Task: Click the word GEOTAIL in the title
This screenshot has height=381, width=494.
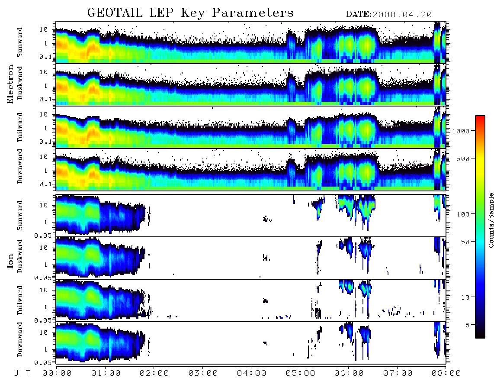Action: (x=115, y=13)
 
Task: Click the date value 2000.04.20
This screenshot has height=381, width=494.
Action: (x=402, y=15)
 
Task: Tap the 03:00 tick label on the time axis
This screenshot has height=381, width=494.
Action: (x=203, y=374)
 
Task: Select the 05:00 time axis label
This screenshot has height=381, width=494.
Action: (x=300, y=374)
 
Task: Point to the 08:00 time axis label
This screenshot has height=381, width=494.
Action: (x=446, y=374)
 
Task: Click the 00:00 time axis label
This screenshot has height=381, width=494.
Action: (x=57, y=374)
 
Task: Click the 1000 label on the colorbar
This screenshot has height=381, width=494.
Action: (x=461, y=131)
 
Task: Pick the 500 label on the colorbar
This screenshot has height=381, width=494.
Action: (x=463, y=158)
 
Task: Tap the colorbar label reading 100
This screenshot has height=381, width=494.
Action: (x=463, y=214)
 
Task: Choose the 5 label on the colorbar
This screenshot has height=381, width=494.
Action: (x=467, y=325)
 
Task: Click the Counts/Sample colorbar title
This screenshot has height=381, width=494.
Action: (x=491, y=220)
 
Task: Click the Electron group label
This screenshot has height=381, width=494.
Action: (x=10, y=84)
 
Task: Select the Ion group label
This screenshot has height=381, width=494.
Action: (x=10, y=261)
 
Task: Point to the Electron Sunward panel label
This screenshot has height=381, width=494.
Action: (x=20, y=42)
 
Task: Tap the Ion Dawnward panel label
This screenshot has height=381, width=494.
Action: (x=20, y=339)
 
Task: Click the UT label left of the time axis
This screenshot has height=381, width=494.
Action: (x=22, y=374)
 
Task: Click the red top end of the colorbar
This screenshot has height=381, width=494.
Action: (x=480, y=117)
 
